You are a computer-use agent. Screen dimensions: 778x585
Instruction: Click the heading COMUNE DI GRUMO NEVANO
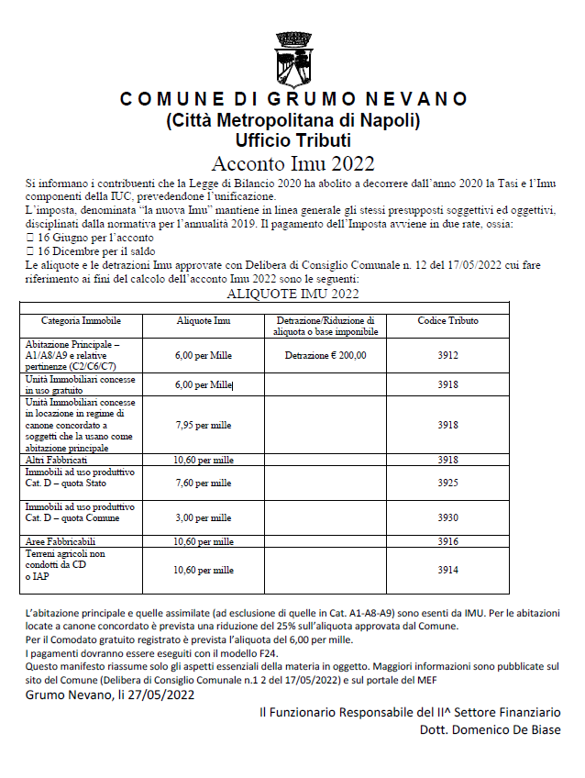(x=292, y=99)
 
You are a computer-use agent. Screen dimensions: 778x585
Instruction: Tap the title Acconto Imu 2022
(x=292, y=163)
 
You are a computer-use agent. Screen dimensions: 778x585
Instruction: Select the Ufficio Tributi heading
(x=292, y=139)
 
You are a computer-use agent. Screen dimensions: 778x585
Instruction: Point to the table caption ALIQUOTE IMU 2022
(x=292, y=294)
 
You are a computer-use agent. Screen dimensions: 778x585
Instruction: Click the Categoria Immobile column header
(x=81, y=321)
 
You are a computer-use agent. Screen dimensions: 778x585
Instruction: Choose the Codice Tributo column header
(x=447, y=321)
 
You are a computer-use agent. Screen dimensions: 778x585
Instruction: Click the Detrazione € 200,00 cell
(x=325, y=355)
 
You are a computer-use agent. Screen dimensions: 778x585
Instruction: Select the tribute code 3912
(x=447, y=355)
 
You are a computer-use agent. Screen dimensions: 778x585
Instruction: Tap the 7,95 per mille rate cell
(x=203, y=425)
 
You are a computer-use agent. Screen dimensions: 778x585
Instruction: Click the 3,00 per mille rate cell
(x=203, y=517)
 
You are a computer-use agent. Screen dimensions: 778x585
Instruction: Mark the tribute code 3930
(x=447, y=517)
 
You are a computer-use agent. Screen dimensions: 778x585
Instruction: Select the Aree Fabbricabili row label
(x=61, y=541)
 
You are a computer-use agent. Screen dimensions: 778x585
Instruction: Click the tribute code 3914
(x=447, y=570)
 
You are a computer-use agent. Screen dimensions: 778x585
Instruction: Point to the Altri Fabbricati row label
(x=58, y=459)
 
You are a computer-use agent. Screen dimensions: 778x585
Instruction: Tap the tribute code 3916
(x=447, y=541)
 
